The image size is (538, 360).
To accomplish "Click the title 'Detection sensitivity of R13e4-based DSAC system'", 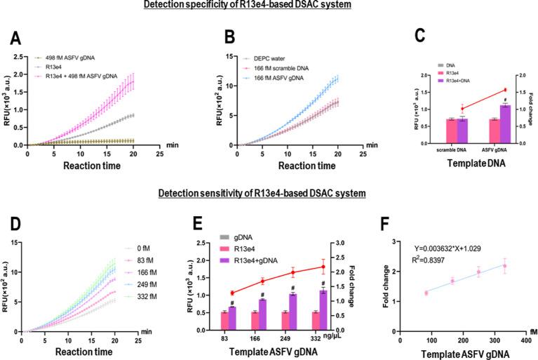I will click(x=263, y=194).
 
